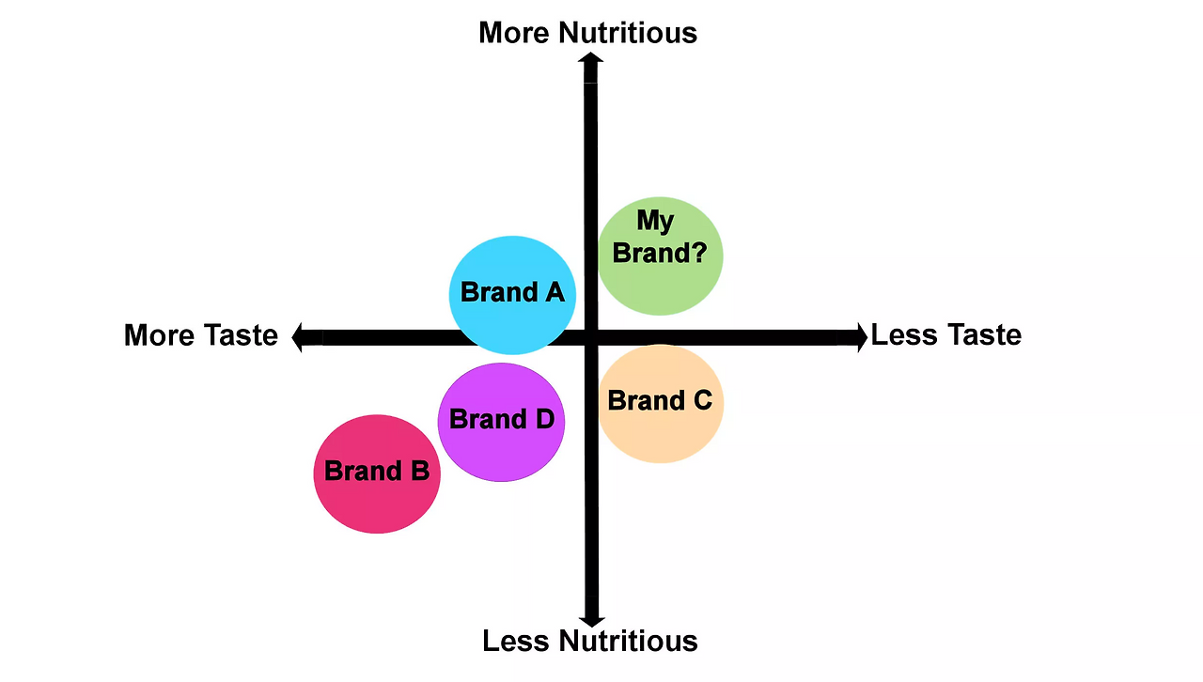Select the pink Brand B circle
pos(376,473)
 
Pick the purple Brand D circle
pos(501,422)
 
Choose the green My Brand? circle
pos(661,256)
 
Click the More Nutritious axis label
pos(587,33)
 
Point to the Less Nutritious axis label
pos(589,641)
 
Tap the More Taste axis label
pos(200,335)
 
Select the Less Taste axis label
pos(945,335)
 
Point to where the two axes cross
pos(591,337)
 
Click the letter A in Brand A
pos(554,292)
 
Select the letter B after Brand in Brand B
pos(418,471)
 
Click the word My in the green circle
pos(655,222)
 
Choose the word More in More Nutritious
pos(515,33)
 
